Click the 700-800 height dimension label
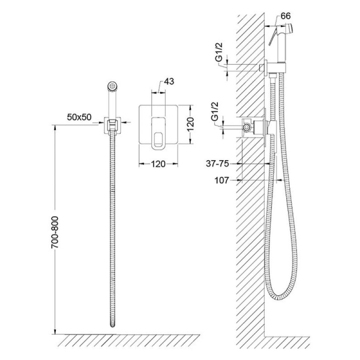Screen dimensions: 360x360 [x=55, y=232]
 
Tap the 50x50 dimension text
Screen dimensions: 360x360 [x=79, y=117]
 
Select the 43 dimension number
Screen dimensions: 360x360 [x=169, y=81]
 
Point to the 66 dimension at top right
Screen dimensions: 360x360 [x=286, y=16]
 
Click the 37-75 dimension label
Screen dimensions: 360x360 [x=217, y=164]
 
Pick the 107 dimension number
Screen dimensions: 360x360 [x=222, y=180]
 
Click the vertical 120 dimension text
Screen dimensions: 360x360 [x=190, y=124]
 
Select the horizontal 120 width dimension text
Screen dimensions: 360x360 [x=158, y=164]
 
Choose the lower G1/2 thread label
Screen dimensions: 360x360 [x=215, y=112]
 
